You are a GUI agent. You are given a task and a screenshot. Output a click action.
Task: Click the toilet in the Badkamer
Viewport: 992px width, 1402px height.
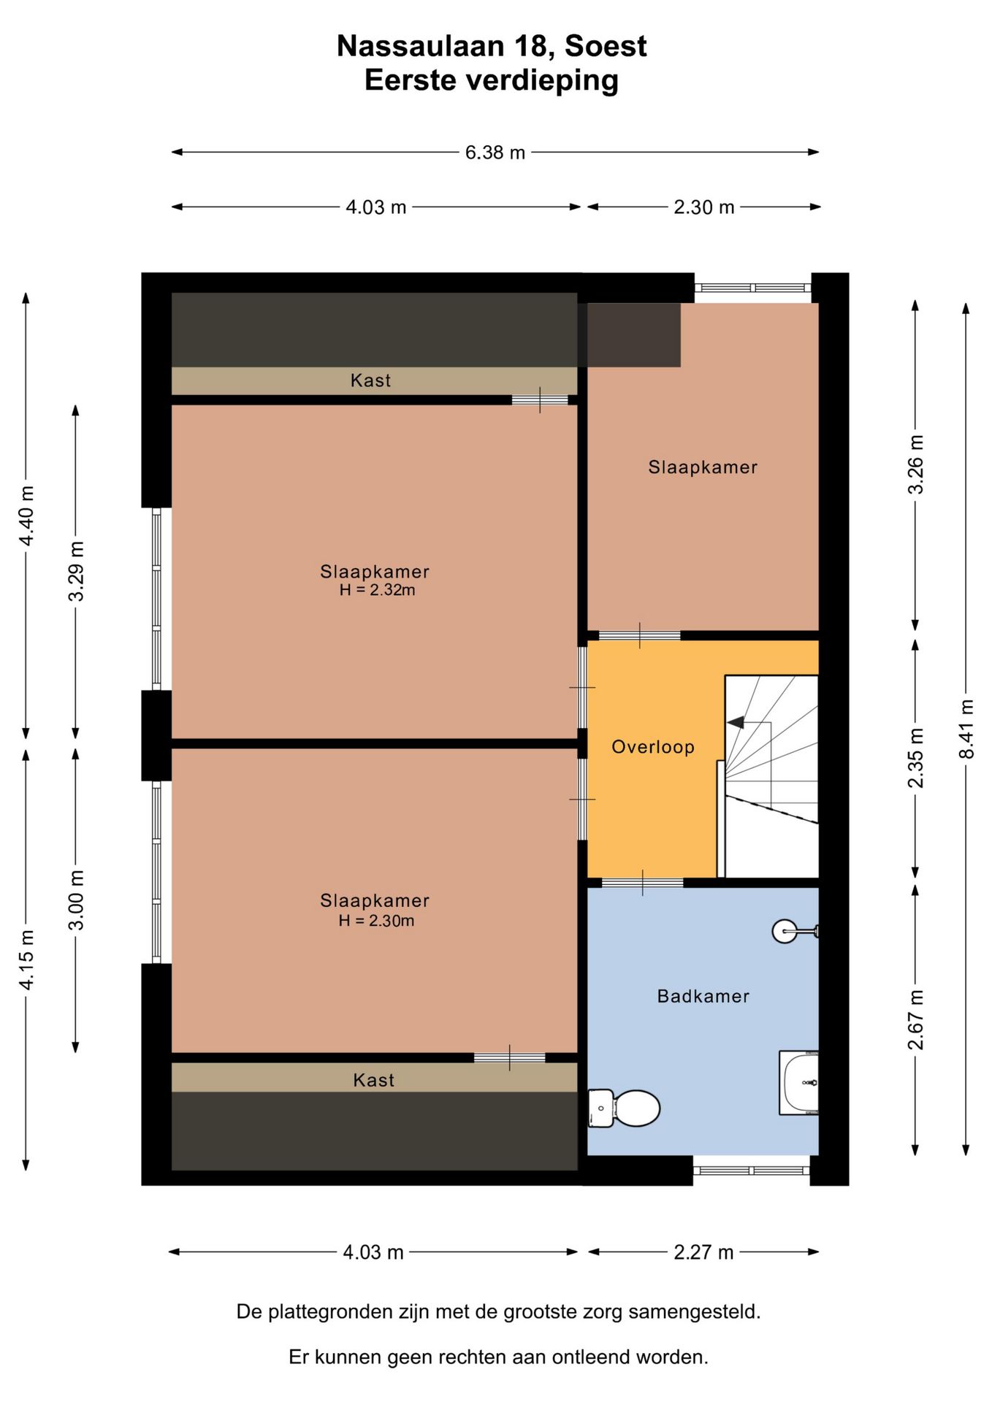click(624, 1108)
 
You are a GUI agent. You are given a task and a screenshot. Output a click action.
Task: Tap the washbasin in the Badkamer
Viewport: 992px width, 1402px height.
click(799, 1083)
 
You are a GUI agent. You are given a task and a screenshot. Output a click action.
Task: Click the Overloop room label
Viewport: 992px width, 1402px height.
click(653, 747)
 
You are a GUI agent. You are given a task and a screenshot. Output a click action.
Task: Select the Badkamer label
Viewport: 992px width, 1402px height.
click(703, 996)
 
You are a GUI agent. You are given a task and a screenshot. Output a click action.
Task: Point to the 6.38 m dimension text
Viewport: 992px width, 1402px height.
click(495, 153)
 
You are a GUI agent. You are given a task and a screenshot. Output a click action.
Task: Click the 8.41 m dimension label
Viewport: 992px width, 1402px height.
click(966, 729)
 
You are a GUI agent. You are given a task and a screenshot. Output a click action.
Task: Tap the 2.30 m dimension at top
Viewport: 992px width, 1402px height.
click(703, 207)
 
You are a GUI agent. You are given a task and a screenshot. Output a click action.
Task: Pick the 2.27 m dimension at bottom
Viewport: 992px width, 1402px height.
click(703, 1252)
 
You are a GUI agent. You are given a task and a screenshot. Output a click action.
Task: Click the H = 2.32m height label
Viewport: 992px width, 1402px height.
click(377, 591)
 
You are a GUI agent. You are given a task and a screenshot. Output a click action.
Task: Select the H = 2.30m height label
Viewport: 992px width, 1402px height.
click(376, 921)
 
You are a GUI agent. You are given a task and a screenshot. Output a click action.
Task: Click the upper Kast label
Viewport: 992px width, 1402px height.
click(370, 380)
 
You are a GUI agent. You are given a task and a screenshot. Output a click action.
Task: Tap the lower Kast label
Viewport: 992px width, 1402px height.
click(373, 1080)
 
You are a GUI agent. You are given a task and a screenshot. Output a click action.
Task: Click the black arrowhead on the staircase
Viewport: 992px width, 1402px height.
click(736, 722)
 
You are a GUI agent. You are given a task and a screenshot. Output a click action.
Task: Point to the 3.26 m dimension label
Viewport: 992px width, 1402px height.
click(915, 464)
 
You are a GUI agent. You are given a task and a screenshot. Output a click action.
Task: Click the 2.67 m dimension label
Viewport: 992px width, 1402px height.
click(915, 1019)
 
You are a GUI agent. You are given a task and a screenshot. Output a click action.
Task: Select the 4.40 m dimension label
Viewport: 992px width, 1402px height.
click(26, 516)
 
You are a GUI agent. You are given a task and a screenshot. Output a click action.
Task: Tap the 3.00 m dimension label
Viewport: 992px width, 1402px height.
click(76, 900)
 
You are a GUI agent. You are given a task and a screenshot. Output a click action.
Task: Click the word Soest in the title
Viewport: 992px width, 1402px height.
click(606, 47)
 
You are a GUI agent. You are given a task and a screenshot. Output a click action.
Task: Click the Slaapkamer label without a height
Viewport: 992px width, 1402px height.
click(703, 467)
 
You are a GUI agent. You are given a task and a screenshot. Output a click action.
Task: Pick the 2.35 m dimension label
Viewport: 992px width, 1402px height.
click(915, 758)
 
